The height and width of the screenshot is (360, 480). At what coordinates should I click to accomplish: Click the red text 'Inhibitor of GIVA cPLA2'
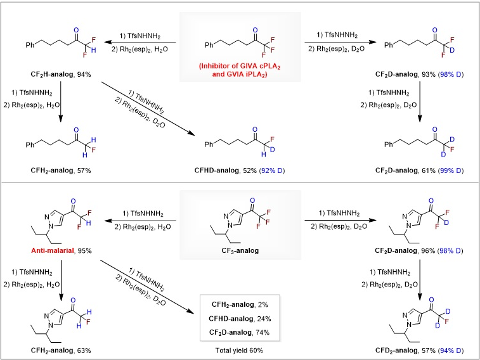tap(240, 66)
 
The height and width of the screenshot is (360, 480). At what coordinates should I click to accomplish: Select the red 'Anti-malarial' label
tap(53, 250)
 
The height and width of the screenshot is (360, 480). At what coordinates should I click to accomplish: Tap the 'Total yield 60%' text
tap(239, 350)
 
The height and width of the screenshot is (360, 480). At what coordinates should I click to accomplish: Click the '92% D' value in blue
tap(272, 170)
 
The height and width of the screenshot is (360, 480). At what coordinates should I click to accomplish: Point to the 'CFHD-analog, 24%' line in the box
tap(240, 319)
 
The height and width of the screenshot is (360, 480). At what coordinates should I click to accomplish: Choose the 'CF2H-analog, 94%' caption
tap(61, 74)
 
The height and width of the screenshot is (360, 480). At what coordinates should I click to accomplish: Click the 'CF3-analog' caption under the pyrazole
tap(240, 251)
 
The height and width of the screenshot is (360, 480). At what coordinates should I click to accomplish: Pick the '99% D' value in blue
tap(451, 170)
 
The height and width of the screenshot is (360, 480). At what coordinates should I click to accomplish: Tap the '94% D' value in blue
tap(451, 350)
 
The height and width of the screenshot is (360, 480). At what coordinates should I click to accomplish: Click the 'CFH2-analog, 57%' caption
tap(61, 170)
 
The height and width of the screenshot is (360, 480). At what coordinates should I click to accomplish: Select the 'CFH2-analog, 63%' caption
tap(61, 350)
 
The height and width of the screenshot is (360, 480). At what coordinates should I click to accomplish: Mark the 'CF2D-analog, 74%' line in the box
tap(240, 333)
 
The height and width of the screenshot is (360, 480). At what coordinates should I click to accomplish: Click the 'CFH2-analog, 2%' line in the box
tap(240, 305)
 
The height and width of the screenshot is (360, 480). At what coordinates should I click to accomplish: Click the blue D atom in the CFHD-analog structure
tap(272, 150)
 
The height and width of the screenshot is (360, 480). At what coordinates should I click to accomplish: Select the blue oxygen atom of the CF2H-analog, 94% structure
tap(76, 30)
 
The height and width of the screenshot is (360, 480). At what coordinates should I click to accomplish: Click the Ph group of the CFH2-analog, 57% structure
tap(30, 145)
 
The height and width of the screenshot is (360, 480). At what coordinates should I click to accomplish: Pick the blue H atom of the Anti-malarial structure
tap(89, 223)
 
